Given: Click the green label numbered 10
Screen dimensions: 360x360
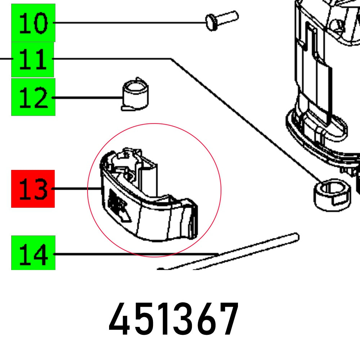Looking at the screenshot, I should pyautogui.click(x=33, y=23).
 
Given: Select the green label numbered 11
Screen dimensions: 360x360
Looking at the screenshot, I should pyautogui.click(x=32, y=59).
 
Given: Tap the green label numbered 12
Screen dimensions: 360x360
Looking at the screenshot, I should pyautogui.click(x=33, y=97).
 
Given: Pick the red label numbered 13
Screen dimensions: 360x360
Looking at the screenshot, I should pyautogui.click(x=33, y=189).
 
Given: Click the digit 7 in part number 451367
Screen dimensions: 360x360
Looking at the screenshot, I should pyautogui.click(x=228, y=319).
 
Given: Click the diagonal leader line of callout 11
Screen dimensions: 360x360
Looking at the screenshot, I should pyautogui.click(x=245, y=119).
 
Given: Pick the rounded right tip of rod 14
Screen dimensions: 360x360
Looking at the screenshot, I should pyautogui.click(x=296, y=236).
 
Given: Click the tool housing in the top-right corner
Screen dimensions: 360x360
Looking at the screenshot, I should pyautogui.click(x=324, y=72).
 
